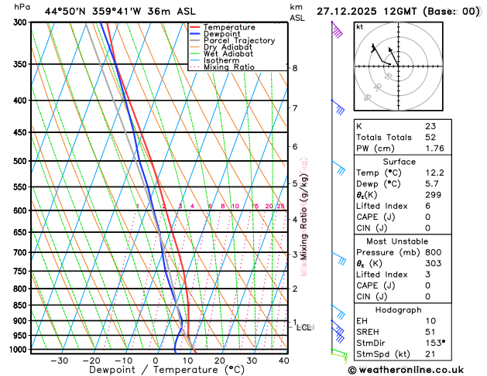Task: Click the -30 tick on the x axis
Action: [x=59, y=361]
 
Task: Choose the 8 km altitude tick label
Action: [x=295, y=68]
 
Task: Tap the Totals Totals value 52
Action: [x=430, y=137]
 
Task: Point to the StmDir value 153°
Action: [x=435, y=343]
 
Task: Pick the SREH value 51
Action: [x=430, y=331]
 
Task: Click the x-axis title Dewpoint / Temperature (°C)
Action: [x=153, y=371]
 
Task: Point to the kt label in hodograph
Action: [x=359, y=26]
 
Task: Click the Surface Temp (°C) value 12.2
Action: [x=434, y=173]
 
